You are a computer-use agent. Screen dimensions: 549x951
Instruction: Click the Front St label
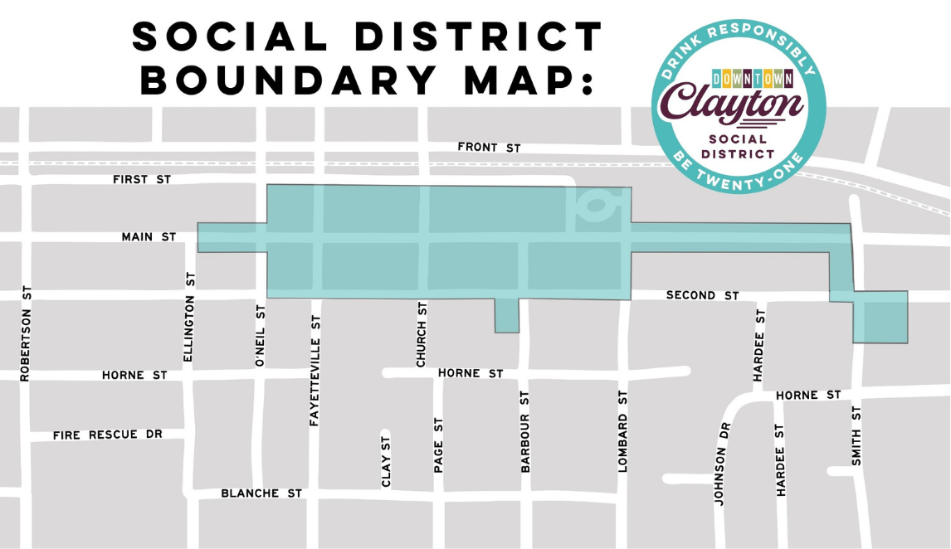point(489,148)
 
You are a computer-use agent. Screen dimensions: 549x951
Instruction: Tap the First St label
point(141,179)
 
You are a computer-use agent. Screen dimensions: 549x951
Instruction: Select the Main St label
point(149,237)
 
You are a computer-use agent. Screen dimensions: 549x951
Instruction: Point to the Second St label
point(702,295)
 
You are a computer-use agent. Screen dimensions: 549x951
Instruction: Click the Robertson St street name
point(25,333)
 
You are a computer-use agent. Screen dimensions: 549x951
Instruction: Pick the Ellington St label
point(188,317)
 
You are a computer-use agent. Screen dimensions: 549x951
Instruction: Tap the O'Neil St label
point(260,335)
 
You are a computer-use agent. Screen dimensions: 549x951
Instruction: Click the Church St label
point(422,333)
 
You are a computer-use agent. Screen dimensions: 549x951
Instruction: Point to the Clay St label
point(385,461)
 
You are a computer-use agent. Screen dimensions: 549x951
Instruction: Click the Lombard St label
point(623,430)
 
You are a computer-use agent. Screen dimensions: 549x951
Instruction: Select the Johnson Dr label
point(723,464)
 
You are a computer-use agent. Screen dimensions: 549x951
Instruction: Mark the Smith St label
point(857,435)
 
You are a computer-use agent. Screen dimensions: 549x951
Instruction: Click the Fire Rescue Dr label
point(107,435)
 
